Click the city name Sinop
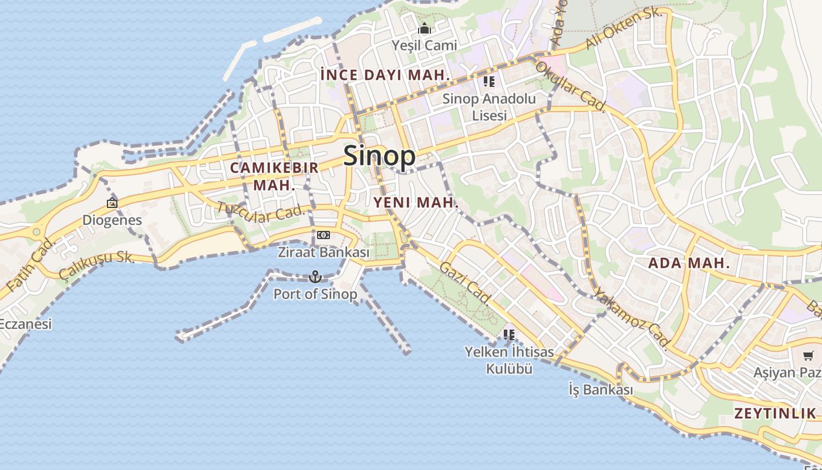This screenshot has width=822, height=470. (x=379, y=156)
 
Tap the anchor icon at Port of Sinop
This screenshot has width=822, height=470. (x=315, y=276)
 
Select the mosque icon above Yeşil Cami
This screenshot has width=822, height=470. (x=425, y=28)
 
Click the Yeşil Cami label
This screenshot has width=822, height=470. (x=425, y=45)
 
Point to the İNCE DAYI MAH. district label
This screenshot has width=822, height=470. (x=386, y=75)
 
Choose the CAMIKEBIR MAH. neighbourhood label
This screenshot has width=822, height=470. (x=274, y=176)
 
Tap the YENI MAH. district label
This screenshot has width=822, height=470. (x=416, y=203)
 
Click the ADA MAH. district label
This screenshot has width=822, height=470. (x=689, y=263)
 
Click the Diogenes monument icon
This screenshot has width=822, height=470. (x=112, y=203)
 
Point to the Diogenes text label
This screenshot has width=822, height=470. (x=112, y=220)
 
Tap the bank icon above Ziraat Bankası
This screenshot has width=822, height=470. (x=324, y=235)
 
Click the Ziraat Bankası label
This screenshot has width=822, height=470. (x=324, y=252)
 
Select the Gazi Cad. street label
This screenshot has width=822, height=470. (x=465, y=283)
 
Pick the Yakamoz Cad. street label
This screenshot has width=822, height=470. (x=632, y=317)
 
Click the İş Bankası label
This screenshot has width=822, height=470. (x=601, y=389)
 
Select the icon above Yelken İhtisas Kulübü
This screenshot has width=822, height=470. (x=509, y=335)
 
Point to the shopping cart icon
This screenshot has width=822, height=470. (x=808, y=355)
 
